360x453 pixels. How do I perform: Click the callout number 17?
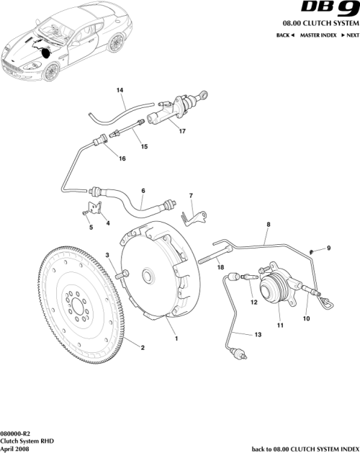(x=182, y=132)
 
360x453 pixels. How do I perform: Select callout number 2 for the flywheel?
(x=143, y=349)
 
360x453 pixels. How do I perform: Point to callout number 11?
(x=281, y=326)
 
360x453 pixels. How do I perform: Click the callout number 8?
(x=267, y=225)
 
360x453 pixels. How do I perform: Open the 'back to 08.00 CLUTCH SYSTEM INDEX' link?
(x=305, y=448)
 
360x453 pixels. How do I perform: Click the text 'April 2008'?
(x=16, y=447)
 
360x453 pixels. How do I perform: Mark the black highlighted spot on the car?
(x=46, y=51)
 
